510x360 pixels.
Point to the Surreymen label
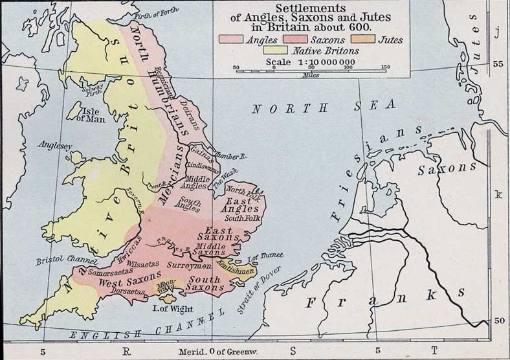pyautogui.click(x=188, y=266)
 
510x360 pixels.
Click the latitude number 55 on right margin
pyautogui.click(x=498, y=64)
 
